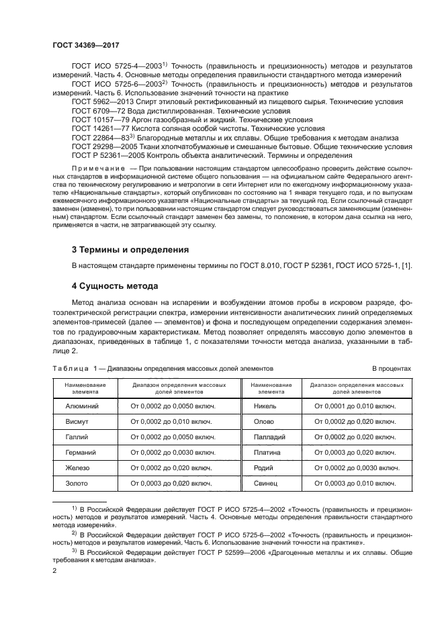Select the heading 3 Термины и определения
pos(130,249)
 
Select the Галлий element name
pos(77,437)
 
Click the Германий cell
pos(80,453)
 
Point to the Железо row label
pos(78,468)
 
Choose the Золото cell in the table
pos(77,484)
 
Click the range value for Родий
pos(355,468)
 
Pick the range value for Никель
pos(355,406)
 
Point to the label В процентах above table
pos(391,369)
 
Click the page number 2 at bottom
pos(54,570)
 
